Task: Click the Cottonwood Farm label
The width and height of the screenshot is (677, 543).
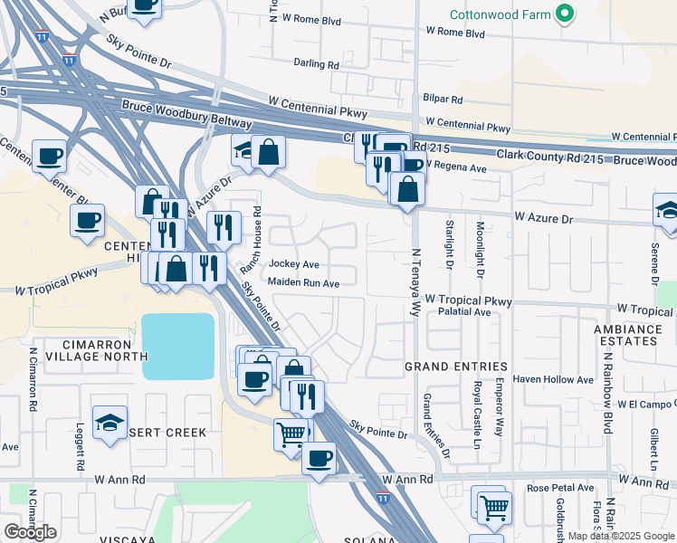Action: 501,14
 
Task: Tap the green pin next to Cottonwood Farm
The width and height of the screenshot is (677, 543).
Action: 565,14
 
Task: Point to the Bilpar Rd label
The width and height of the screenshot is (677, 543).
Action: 443,100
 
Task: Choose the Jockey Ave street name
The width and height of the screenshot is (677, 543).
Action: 294,264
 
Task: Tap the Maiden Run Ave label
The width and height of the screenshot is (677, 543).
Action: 303,283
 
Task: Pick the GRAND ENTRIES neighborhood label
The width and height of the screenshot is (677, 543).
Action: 455,367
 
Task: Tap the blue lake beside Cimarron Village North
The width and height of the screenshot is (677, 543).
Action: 178,347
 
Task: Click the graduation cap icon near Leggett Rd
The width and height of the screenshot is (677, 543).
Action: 110,424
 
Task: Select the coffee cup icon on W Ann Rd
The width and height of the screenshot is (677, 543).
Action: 319,459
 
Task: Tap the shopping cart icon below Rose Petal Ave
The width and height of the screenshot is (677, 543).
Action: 494,509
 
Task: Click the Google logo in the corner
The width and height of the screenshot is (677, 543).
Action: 30,532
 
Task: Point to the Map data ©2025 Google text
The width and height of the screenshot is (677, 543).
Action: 621,536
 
